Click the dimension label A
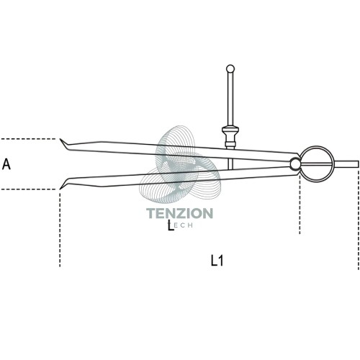tap(6, 165)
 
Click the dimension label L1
tap(217, 261)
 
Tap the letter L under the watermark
tap(171, 226)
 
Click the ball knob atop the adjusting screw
tap(230, 68)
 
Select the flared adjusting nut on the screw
tap(230, 137)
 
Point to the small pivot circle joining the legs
tap(295, 164)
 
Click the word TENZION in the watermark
tap(179, 213)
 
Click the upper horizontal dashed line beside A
tap(28, 139)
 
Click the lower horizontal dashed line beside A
tap(28, 189)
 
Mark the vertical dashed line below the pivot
tap(300, 204)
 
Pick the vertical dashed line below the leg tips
tap(60, 228)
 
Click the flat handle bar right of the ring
tap(346, 164)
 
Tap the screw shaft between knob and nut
tap(230, 99)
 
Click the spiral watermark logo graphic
tap(179, 164)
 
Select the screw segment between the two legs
tap(230, 163)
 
